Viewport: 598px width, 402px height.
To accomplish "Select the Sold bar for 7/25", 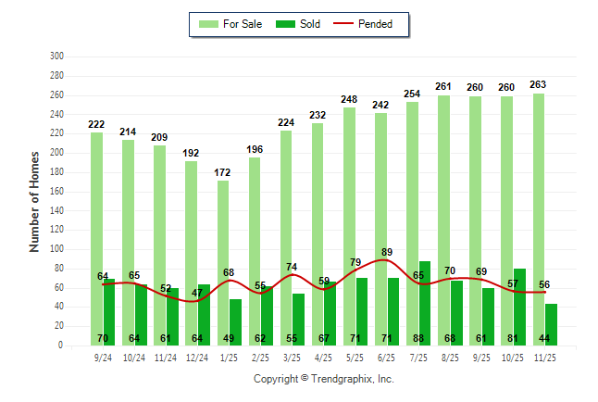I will [x=425, y=296].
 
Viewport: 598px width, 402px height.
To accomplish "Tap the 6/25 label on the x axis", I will [x=387, y=357].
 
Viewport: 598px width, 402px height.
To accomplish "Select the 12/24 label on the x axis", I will [x=197, y=357].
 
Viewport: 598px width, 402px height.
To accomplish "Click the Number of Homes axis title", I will [x=35, y=201].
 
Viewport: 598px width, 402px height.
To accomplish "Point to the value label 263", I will [x=538, y=84].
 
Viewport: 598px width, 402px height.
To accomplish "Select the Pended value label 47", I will [x=197, y=293].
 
